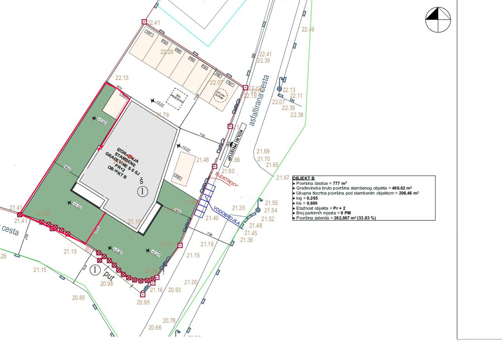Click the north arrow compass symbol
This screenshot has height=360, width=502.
pos(438,20)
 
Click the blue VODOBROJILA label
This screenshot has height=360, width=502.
pos(226,215)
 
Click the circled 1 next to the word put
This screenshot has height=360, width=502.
pos(95,270)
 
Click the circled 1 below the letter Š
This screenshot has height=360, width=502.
pos(143,191)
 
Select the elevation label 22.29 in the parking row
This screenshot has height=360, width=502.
pos(166,52)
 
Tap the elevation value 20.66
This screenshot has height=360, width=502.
pos(155,327)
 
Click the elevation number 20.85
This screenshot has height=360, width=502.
pos(78,298)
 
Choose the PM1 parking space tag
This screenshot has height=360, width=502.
pos(149,32)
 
